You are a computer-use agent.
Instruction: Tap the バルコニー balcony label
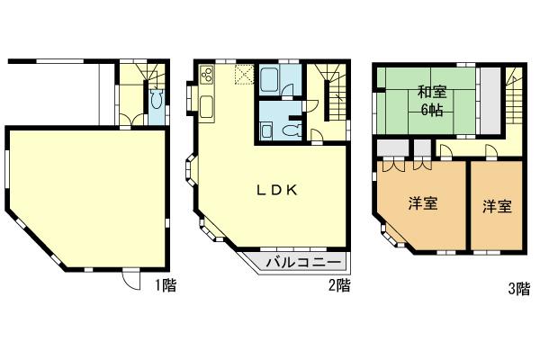pos(302,262)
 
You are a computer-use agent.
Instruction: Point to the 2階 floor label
pos(338,286)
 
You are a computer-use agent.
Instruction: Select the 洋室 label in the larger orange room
pos(422,204)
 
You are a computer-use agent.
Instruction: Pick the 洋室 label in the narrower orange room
pos(496,205)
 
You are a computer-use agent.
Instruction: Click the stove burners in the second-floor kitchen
pos(205,75)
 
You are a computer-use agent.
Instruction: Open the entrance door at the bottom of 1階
pos(131,280)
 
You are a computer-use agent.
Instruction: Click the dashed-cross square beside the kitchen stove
pos(242,74)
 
